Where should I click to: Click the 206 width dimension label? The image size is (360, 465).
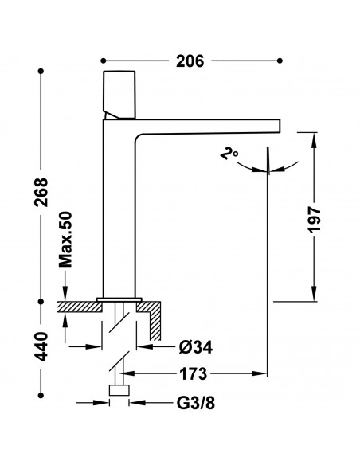190,61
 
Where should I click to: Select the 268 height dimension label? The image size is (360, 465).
41,192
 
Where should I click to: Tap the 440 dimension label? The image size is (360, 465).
41,346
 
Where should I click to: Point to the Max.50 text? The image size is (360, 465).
65,239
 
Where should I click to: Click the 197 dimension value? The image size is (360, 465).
315,220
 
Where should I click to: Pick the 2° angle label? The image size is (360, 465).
229,154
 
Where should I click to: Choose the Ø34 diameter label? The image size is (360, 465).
196,346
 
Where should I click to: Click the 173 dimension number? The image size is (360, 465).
193,374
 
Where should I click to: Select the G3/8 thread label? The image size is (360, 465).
196,403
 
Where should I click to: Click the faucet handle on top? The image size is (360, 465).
119,95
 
